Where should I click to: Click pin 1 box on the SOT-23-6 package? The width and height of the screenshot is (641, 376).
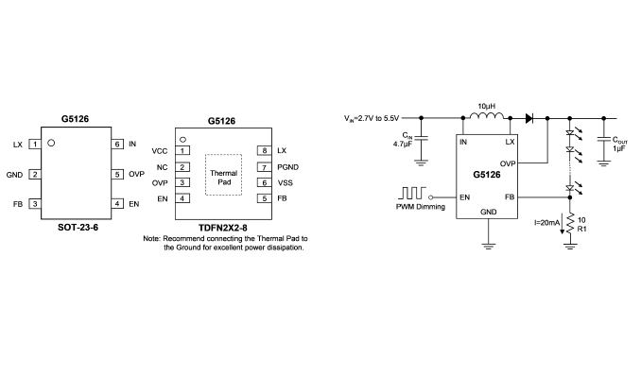[x=35, y=145]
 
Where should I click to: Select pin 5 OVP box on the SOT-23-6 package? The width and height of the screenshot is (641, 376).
[x=117, y=175]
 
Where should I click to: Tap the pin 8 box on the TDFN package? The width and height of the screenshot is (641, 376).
[x=265, y=150]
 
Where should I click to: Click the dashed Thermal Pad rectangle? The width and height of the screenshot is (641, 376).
[x=224, y=155]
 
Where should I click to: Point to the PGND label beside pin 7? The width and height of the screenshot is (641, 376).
[x=287, y=167]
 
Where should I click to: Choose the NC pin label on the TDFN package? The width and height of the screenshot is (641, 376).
[x=162, y=167]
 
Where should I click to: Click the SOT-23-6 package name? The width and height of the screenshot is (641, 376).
[x=78, y=228]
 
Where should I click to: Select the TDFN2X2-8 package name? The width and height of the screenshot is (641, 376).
[x=223, y=228]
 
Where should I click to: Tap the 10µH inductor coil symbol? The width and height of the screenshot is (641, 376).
[x=487, y=116]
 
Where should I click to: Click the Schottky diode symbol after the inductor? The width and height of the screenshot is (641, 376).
[x=529, y=118]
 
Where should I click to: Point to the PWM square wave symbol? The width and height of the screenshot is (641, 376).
[x=412, y=193]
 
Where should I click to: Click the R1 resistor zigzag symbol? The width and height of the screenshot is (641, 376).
[x=570, y=223]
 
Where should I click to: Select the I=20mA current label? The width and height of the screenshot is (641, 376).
[x=546, y=223]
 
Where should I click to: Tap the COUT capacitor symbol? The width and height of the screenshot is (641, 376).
[x=604, y=140]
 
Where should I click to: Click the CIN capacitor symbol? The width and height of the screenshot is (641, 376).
[x=421, y=138]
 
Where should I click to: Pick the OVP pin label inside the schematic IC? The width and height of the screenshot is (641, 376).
[x=508, y=163]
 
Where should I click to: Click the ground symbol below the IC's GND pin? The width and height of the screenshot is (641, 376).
[x=488, y=246]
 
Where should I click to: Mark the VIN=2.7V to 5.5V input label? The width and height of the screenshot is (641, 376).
[x=372, y=118]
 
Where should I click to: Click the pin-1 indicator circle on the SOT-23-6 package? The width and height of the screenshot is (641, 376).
[x=51, y=143]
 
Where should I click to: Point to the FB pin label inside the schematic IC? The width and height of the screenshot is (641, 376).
[x=510, y=197]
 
